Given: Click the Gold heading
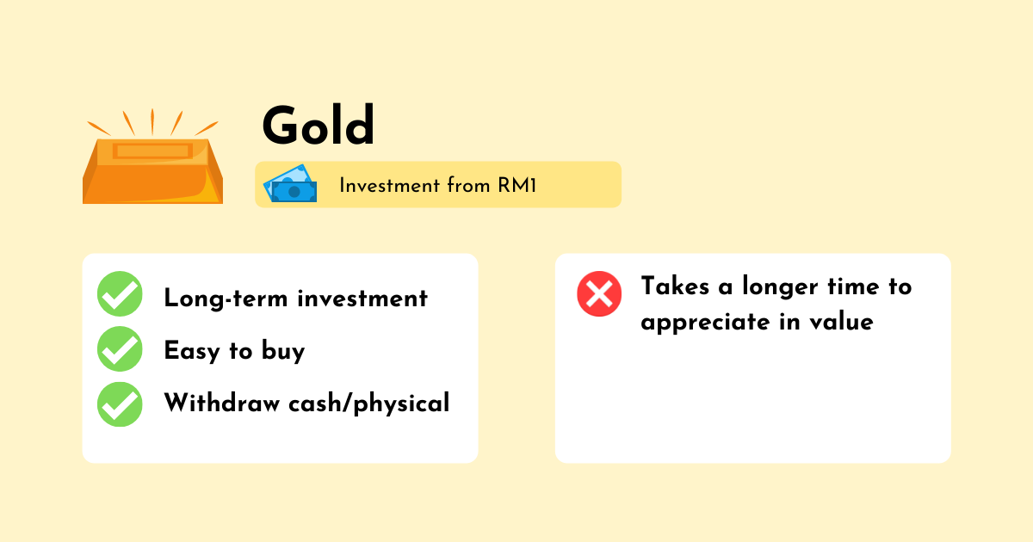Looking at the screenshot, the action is click(318, 126).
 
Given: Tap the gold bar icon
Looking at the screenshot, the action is click(152, 170).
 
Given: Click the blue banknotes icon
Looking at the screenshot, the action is click(290, 183).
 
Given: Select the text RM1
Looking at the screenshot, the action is click(517, 185).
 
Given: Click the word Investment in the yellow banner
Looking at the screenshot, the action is click(390, 185).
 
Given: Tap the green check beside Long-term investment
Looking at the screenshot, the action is click(120, 293).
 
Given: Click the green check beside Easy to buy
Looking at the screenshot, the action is click(120, 349).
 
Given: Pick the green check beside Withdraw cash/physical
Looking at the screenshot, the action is click(120, 404).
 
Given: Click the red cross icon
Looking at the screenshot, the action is click(599, 293).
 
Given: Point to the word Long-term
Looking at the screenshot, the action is click(226, 299).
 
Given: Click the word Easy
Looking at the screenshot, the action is click(192, 351).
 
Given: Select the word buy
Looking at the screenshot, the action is click(283, 351).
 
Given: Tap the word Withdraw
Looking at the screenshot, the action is click(222, 403).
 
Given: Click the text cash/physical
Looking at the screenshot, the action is click(369, 403).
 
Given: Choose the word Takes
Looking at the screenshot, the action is click(676, 286).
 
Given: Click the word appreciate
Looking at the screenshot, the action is click(706, 322).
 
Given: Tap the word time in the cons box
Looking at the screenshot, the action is click(854, 286).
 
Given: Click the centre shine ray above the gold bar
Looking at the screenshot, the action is click(152, 121).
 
